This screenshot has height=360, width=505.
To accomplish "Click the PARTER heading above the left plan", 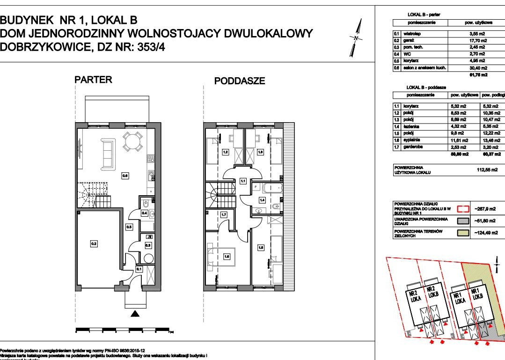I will [x=94, y=80].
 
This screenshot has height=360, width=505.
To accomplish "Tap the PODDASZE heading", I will [x=239, y=81].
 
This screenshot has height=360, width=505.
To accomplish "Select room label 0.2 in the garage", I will [x=94, y=243].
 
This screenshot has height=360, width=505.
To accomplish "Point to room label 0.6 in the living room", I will [x=125, y=176].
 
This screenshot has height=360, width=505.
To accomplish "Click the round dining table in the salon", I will [x=132, y=141].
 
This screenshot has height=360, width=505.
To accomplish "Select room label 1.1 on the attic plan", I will [x=243, y=180].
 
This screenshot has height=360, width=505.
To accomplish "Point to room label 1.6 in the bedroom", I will [x=227, y=256].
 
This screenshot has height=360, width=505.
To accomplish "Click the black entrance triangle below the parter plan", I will [x=135, y=314].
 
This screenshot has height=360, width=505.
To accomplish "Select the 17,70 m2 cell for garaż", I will [x=477, y=41].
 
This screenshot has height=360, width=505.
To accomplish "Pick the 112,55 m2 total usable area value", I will [x=487, y=170].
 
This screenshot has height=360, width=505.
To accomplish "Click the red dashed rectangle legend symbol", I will [x=462, y=209].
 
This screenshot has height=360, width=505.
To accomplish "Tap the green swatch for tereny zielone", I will [x=462, y=233].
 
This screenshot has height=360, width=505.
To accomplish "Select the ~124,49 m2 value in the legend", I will [x=487, y=233].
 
